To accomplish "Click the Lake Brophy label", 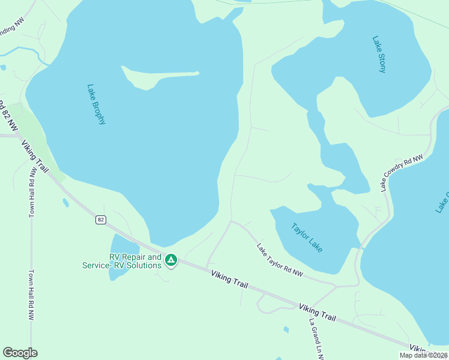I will tap(96, 104).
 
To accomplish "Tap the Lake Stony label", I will tap(379, 55).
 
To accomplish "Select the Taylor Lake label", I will tap(307, 238).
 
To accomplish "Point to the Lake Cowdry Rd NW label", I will tap(402, 172).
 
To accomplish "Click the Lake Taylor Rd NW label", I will tap(280, 260).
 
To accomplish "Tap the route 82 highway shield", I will tap(101, 220).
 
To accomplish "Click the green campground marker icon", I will tap(171, 260).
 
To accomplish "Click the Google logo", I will tap(20, 353).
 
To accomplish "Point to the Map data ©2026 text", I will tap(424, 355).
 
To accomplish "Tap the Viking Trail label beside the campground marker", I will tap(229, 280).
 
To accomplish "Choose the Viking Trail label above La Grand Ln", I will tap(317, 312).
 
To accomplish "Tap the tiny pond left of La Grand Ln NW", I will tap(286, 329).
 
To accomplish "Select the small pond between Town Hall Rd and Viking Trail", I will tap(65, 203).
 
